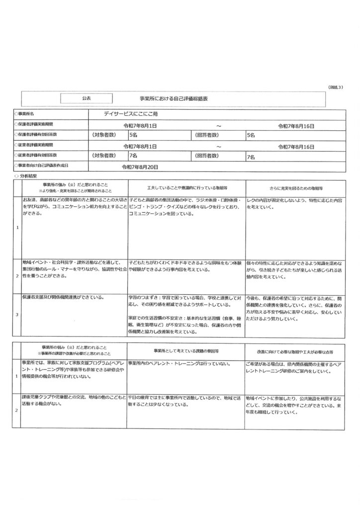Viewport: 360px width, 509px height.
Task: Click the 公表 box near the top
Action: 87,99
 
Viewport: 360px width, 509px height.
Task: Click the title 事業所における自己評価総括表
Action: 174,99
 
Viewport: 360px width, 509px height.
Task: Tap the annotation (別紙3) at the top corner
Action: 336,86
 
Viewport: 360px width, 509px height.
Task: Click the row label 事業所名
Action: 31,114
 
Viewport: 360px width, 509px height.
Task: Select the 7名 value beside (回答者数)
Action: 251,157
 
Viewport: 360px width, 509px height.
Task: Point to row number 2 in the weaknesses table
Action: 17,411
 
